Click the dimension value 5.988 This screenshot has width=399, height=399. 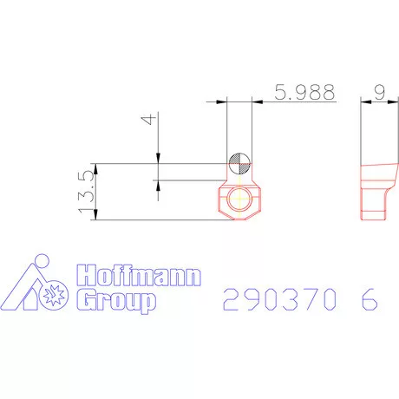tap(304, 92)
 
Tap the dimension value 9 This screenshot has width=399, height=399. tap(380, 92)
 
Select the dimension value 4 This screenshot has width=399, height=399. tap(149, 119)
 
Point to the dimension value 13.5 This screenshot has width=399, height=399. tap(86, 192)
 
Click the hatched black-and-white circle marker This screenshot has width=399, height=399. tap(239, 163)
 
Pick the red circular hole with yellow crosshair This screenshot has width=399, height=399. tap(239, 199)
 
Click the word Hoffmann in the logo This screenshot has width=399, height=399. tap(139, 275)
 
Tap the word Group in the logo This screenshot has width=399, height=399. tap(116, 302)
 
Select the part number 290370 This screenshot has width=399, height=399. tap(279, 299)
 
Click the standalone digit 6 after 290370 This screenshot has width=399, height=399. tap(370, 299)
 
